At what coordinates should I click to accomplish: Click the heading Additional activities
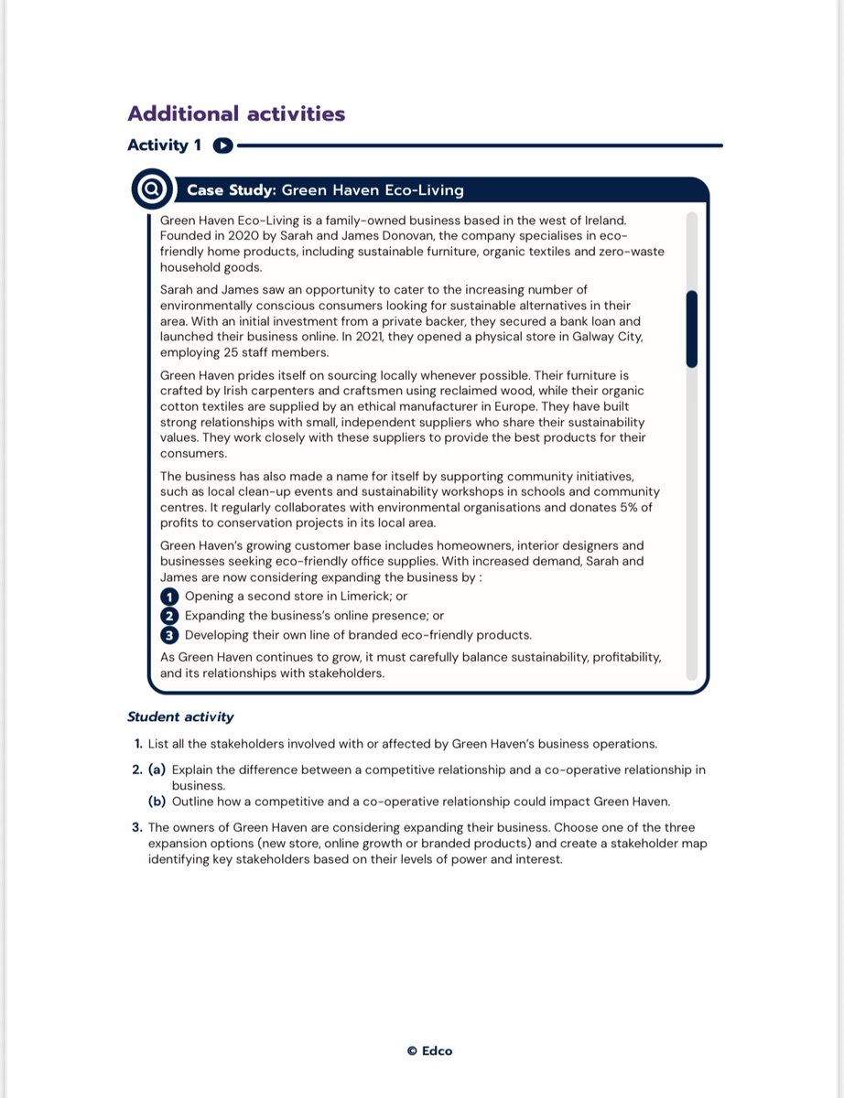pos(236,114)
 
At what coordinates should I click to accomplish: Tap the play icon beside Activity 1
pos(223,145)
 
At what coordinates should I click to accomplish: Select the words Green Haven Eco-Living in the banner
pos(372,190)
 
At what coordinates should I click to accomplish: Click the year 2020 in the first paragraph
pos(240,236)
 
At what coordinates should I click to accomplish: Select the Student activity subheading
pos(180,717)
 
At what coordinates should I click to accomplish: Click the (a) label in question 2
pos(157,770)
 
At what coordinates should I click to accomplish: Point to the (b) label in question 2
pos(157,802)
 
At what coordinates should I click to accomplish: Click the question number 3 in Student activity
pos(136,828)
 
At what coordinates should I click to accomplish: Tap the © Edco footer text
pos(429,1051)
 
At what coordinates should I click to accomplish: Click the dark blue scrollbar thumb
pos(691,328)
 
